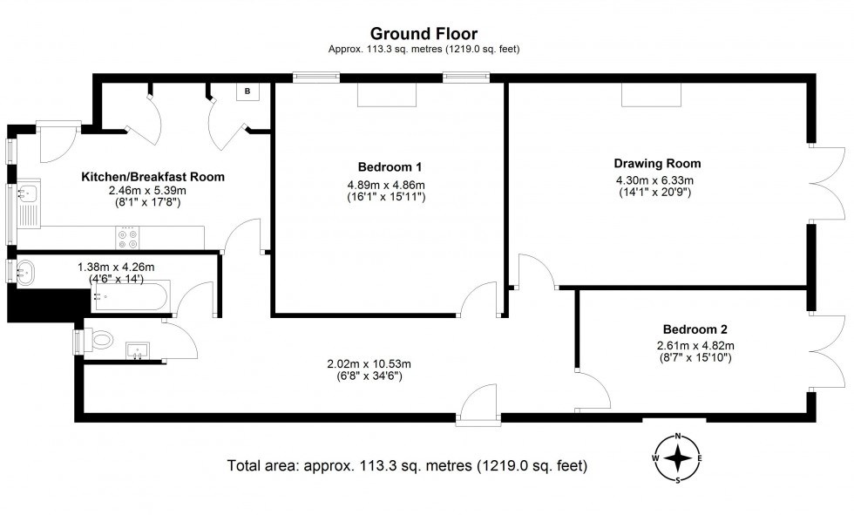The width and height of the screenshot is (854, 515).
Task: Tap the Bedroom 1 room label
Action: [x=390, y=166]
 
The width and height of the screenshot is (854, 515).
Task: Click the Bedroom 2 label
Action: [x=694, y=329]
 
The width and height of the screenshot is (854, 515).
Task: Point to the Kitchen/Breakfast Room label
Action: [x=152, y=176]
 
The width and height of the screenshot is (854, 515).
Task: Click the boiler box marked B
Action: [x=247, y=91]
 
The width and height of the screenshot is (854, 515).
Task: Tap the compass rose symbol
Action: [x=678, y=457]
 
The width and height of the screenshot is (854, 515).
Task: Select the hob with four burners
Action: [x=127, y=235]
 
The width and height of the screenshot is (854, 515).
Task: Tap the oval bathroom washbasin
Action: [x=25, y=272]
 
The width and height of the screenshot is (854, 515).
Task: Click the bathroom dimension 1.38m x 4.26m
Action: [x=115, y=267]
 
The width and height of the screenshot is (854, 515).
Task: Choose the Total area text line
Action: [x=407, y=465]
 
